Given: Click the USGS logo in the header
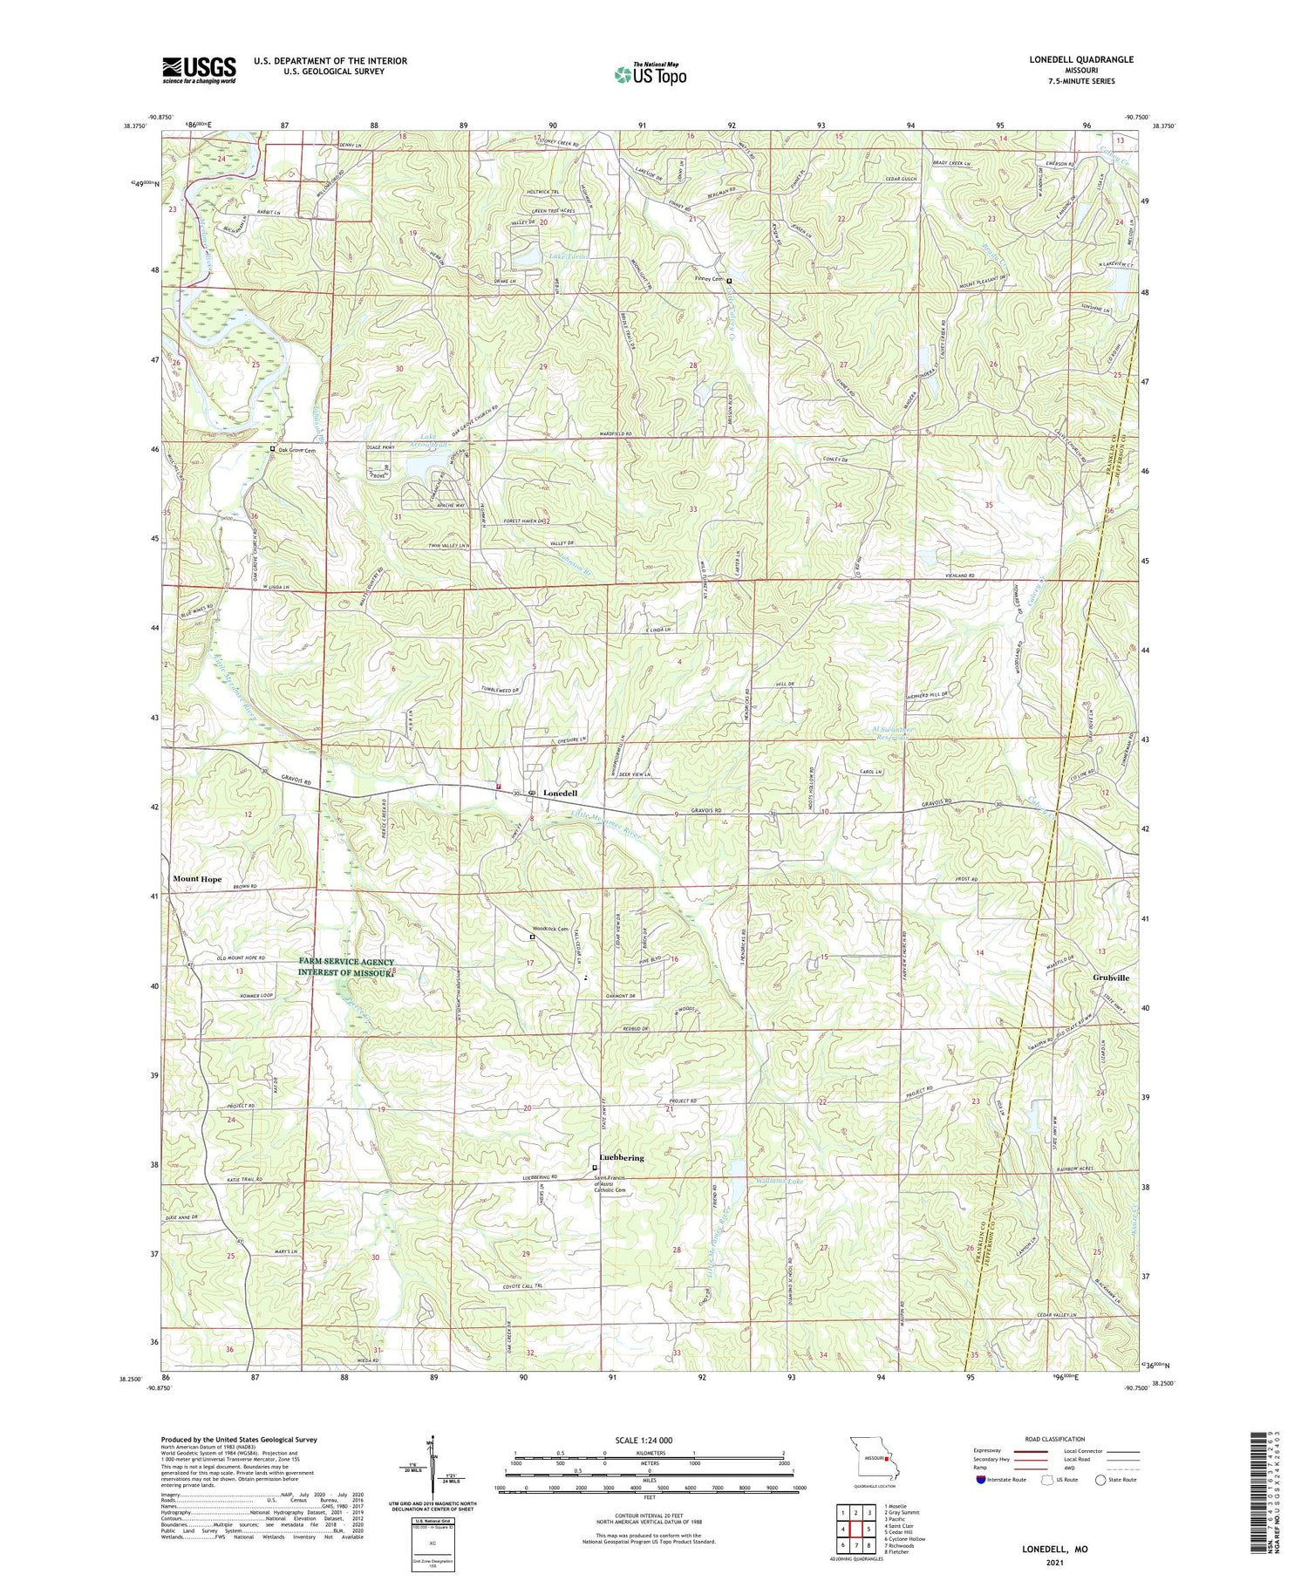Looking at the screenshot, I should coord(199,70).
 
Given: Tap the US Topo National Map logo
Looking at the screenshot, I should coord(650,74).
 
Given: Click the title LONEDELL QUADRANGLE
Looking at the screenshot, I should coord(1080,59).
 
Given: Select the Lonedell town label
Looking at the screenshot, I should coord(561,794).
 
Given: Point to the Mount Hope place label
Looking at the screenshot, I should coord(197,879).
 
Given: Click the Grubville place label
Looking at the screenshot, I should coord(1110,978).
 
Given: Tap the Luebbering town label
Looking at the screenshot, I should coord(622,1158).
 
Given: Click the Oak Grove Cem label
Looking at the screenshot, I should coord(297,450).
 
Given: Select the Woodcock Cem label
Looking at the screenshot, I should coord(550,930).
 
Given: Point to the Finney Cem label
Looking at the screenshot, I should coord(709,279).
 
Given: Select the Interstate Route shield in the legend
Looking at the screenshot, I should coord(981,1480).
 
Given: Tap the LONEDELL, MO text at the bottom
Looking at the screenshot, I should coord(1054,1550).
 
